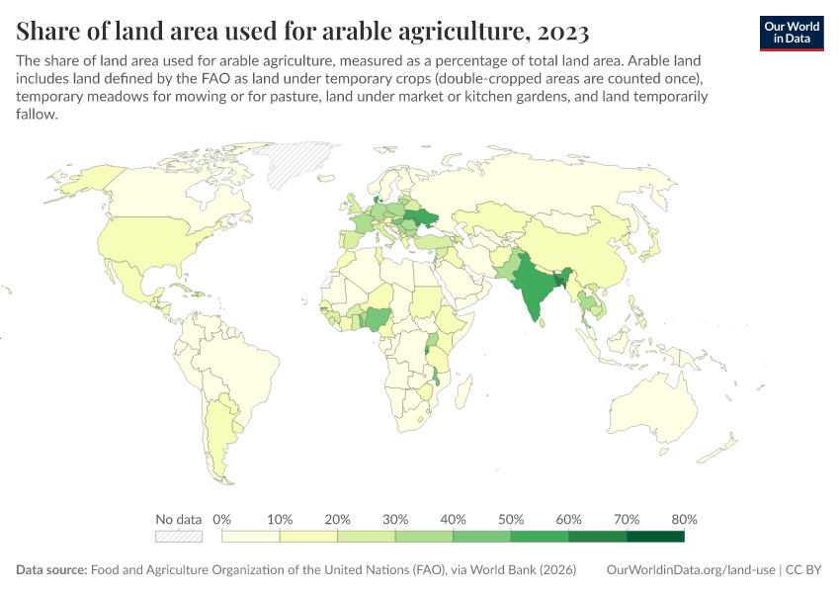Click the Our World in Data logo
click(x=791, y=32)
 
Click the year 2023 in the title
click(x=561, y=32)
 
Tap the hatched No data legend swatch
click(x=179, y=537)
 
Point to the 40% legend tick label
click(x=453, y=520)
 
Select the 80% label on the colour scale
click(x=684, y=520)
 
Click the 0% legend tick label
click(x=221, y=520)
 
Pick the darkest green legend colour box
click(x=655, y=537)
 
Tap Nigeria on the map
click(x=377, y=318)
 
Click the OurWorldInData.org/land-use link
click(x=689, y=570)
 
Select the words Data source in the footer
click(x=50, y=570)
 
